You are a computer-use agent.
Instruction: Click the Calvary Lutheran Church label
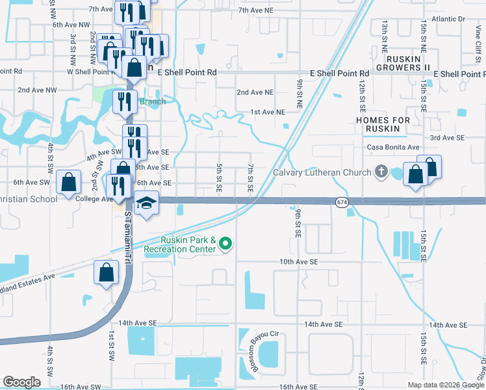coord(322,172)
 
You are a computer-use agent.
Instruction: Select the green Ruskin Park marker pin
coord(225,244)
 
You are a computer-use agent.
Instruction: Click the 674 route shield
coord(342,203)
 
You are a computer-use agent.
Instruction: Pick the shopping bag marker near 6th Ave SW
coord(68,183)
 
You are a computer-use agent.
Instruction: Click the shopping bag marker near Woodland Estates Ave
coord(106,274)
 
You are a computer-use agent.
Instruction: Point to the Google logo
coord(21,382)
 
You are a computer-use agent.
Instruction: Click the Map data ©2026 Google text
coord(446,385)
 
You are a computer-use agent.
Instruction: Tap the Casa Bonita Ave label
coord(393,148)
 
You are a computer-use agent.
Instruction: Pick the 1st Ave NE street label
coord(268,112)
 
